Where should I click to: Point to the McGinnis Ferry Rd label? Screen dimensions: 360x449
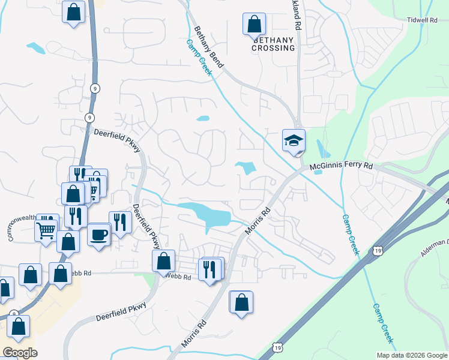point(341,166)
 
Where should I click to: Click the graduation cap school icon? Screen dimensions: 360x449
point(294,142)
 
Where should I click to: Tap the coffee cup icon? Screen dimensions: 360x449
point(99,234)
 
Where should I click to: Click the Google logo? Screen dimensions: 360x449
point(20,353)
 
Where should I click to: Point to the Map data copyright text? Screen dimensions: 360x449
point(412,355)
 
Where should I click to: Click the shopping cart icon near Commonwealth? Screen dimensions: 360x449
point(46,229)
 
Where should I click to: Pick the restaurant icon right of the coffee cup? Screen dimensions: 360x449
point(120,223)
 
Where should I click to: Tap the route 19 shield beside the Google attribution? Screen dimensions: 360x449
point(276,347)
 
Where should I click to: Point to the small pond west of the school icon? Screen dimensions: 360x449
point(246,167)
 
